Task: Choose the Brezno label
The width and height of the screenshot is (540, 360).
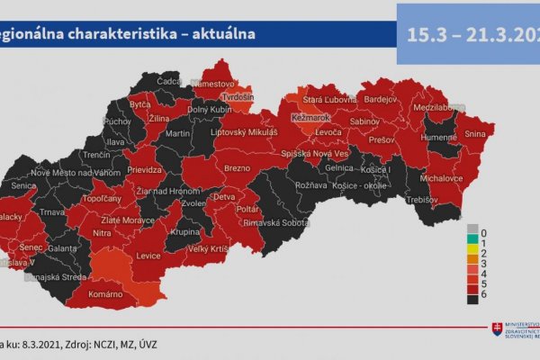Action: point(238,168)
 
